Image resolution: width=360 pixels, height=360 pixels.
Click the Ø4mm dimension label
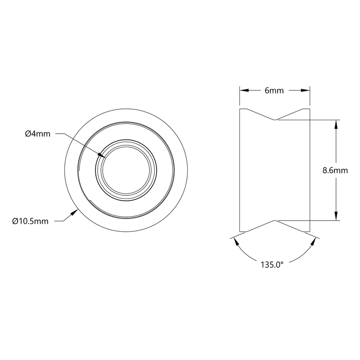coord(38,134)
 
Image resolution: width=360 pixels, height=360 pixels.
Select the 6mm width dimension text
coord(274,90)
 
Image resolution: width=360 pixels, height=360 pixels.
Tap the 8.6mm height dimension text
coord(335,171)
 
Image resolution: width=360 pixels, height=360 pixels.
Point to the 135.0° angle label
coord(272,265)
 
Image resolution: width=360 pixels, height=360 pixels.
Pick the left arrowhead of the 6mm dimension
coord(242,90)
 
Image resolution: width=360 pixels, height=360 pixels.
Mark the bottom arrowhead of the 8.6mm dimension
coord(335,217)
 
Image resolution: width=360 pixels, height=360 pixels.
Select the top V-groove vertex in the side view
coord(274,120)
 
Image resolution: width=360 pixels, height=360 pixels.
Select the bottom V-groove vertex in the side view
coord(274,220)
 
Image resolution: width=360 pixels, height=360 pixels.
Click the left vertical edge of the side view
coord(239,171)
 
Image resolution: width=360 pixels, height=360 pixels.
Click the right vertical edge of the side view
coord(310,171)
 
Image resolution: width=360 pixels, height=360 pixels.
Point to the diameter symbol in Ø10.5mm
coord(16,221)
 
